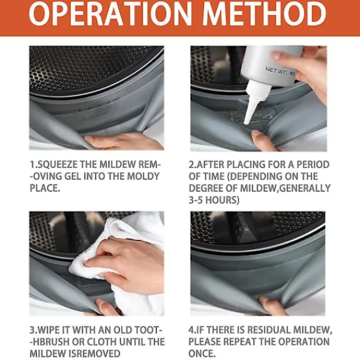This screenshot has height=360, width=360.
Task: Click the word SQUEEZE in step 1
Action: pyautogui.click(x=57, y=164)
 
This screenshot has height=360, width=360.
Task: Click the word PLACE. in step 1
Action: pyautogui.click(x=45, y=188)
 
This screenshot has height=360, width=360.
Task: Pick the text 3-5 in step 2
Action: pyautogui.click(x=196, y=200)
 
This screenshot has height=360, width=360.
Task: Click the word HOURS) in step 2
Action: pyautogui.click(x=222, y=200)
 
